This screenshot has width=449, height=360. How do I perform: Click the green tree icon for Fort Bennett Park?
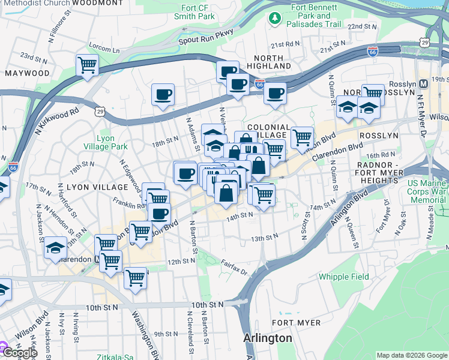[x=276, y=19]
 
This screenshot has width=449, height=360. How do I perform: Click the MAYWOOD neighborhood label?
[x=27, y=73]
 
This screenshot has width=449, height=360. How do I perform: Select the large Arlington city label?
[x=268, y=338]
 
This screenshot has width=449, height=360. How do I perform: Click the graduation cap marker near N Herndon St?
[x=55, y=247]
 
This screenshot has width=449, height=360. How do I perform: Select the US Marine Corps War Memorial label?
[x=427, y=192]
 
